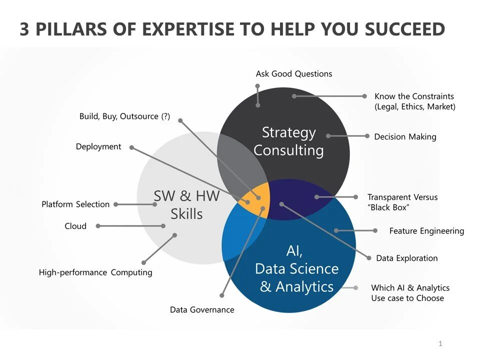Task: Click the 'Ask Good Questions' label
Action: tap(294, 74)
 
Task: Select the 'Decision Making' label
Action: tap(405, 136)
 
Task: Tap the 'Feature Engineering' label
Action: tap(426, 231)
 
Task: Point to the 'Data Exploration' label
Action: tap(407, 258)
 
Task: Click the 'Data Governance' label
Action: tap(202, 310)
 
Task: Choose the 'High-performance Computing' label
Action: tap(95, 272)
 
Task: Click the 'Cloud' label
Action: tap(75, 226)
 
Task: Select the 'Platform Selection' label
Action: tap(75, 204)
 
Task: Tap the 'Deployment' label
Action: tap(98, 146)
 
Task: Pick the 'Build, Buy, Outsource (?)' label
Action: tap(124, 116)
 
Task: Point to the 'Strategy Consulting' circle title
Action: tap(288, 141)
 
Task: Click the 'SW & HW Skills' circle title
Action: tap(186, 205)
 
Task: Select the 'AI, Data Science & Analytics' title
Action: tap(296, 269)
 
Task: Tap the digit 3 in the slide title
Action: tap(25, 29)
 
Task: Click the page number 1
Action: tap(440, 344)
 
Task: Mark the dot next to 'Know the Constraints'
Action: tap(364, 96)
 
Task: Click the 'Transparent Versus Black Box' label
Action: tap(402, 202)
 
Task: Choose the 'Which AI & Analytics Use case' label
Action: tap(410, 293)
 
